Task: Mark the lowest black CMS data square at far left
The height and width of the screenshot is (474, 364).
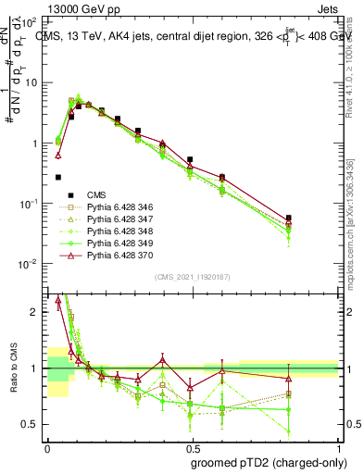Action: [58, 177]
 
